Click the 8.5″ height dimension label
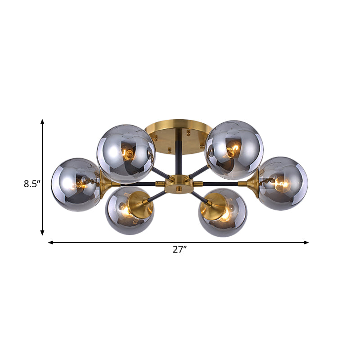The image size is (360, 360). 32,184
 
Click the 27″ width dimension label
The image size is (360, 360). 180,250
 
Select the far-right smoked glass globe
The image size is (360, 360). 283,183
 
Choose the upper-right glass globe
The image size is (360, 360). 233,150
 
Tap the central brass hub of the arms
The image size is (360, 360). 179,184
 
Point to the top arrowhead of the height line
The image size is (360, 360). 42,121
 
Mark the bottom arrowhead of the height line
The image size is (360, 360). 42,233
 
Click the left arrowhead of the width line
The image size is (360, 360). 50,243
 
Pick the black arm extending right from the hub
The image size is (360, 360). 220,184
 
